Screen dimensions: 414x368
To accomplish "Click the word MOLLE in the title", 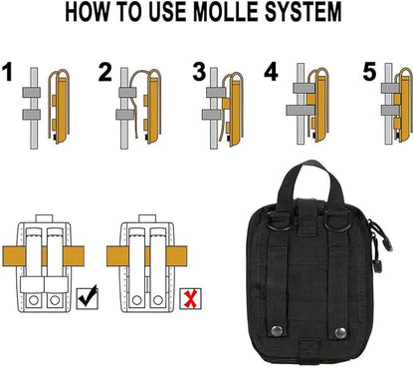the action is [x=226, y=12].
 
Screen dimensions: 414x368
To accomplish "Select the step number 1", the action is [x=7, y=72].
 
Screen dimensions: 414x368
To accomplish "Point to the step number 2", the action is [x=104, y=72].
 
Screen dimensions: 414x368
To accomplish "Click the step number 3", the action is [x=199, y=72].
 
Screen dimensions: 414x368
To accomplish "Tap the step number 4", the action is [x=271, y=72].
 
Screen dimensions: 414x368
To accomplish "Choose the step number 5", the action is [x=369, y=72].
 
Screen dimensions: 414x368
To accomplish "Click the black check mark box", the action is [x=87, y=297].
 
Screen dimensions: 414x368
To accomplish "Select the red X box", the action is [x=190, y=299].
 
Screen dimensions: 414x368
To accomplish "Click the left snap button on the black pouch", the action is [x=277, y=331].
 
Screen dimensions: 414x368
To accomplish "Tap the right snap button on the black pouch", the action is [x=340, y=333].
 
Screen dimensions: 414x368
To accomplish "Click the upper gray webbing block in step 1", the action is [x=32, y=92].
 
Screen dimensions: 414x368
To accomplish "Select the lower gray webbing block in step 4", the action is [x=301, y=110].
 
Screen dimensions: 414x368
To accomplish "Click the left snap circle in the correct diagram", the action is [x=34, y=300].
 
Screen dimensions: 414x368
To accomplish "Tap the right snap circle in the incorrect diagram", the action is [x=158, y=300].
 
